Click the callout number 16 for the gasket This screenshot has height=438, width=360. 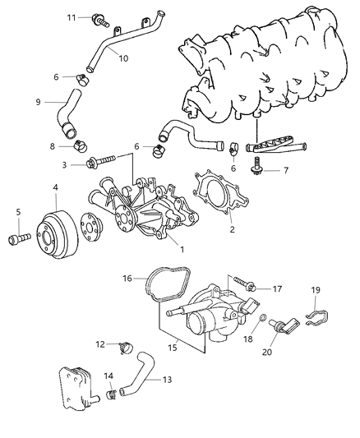pos(129,279)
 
